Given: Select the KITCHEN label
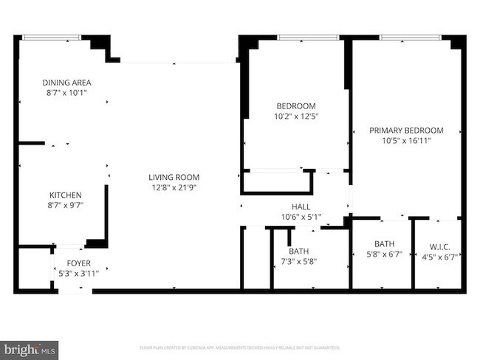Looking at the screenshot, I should click(x=65, y=195).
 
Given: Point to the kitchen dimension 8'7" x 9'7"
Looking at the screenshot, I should click(x=65, y=206).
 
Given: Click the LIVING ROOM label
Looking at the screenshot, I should click(x=174, y=177).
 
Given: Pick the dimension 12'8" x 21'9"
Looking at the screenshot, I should click(x=174, y=187).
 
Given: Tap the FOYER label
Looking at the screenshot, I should click(x=79, y=262).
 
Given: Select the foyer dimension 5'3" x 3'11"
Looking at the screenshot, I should click(x=79, y=273).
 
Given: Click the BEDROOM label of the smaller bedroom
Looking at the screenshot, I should click(x=296, y=105).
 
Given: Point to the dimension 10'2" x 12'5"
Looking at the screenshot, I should click(x=296, y=116).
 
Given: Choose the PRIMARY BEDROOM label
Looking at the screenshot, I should click(x=406, y=130).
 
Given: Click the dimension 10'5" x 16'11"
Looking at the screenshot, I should click(x=406, y=140).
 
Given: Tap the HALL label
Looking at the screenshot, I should click(x=301, y=207).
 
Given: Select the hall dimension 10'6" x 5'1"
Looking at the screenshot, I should click(x=301, y=217).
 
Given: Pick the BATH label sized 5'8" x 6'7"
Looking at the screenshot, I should click(x=385, y=244).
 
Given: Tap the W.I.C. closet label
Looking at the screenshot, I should click(x=439, y=246).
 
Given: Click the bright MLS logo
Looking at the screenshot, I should click(x=30, y=347).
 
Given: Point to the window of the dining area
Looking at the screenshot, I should click(x=52, y=37).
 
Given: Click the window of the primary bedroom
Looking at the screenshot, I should click(x=410, y=37).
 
